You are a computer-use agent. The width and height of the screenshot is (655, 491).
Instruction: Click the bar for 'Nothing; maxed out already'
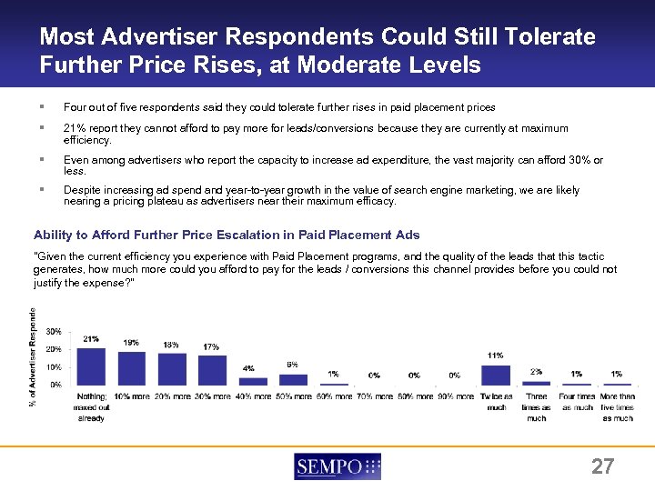coord(91,366)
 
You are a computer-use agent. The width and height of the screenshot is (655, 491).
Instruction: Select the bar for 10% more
coord(131,368)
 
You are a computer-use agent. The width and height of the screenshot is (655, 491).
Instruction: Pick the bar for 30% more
coord(212,370)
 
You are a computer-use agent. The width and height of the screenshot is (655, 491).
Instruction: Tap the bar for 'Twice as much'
coord(496,375)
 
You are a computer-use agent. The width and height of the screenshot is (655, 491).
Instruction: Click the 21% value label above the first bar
coord(91,339)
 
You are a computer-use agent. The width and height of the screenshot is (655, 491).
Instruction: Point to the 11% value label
coord(496,355)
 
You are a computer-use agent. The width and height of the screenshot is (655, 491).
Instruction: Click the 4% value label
coord(248,368)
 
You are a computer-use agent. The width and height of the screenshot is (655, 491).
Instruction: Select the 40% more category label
coord(253,396)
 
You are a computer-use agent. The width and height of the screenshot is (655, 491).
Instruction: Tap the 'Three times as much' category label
coord(537,406)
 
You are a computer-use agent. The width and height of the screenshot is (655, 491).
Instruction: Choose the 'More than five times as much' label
coord(617,406)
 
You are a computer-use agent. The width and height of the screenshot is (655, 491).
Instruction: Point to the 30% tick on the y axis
coord(54,332)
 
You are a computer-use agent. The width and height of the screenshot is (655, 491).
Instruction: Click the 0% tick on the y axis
coord(56,385)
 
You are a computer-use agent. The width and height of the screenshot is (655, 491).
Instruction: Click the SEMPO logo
coord(338,466)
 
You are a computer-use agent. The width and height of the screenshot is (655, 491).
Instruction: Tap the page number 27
coord(602,467)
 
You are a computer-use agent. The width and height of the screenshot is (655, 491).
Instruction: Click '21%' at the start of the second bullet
coord(73,128)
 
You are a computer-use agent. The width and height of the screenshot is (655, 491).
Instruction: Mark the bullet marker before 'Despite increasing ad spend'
coord(43,191)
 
